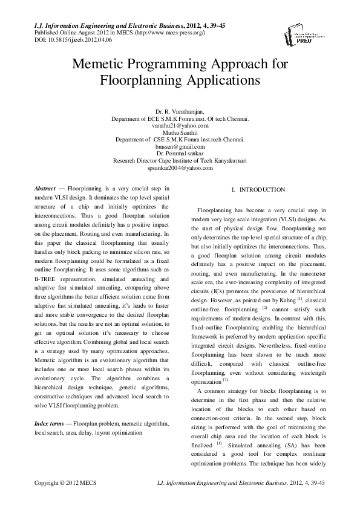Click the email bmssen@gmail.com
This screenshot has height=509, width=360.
(180, 146)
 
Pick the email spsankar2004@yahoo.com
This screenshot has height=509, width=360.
(180, 167)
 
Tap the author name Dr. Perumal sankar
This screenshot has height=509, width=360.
(180, 154)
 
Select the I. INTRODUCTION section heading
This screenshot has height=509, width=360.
(258, 190)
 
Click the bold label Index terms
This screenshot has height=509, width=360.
(51, 424)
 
